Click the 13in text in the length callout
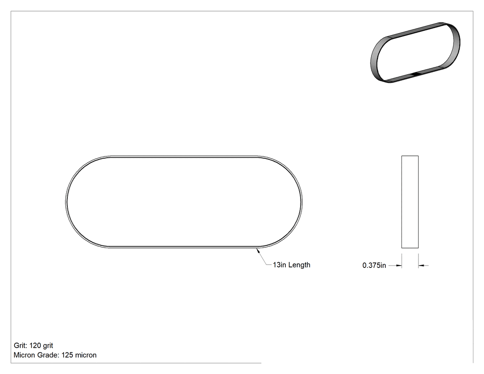tap(279, 265)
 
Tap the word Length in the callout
tap(299, 265)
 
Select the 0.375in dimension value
tap(374, 265)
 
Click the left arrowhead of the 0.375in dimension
tap(399, 265)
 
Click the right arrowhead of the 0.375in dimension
tap(421, 265)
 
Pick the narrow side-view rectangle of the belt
tap(410, 202)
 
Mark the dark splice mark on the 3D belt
tap(416, 73)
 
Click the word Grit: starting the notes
tap(21, 345)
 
